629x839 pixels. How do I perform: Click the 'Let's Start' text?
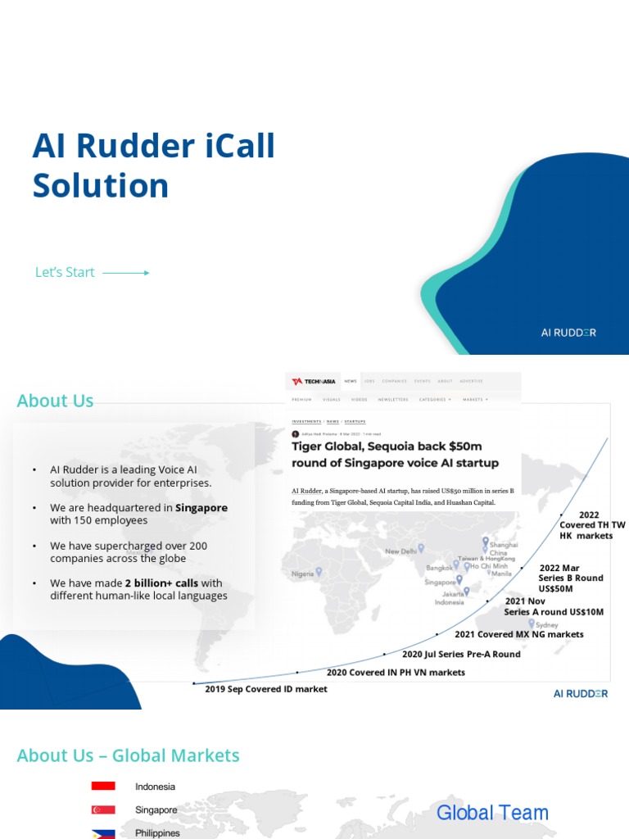[65, 273]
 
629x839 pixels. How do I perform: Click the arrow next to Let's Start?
[125, 273]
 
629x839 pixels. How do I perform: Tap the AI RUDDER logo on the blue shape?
[568, 333]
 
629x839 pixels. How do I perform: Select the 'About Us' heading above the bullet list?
[55, 401]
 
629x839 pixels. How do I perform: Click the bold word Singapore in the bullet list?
[201, 508]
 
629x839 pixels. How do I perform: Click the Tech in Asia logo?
[314, 381]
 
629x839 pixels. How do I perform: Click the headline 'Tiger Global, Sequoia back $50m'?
[387, 447]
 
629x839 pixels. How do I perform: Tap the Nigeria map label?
[303, 574]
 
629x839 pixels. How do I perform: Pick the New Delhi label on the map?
[401, 551]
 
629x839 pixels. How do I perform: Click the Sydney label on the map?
[546, 625]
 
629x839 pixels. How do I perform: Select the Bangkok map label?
[439, 568]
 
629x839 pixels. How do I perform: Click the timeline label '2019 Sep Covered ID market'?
[265, 689]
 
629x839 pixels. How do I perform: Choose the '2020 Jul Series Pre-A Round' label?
[461, 655]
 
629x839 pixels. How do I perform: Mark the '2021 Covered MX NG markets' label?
[519, 634]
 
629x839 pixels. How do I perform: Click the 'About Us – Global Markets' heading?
[129, 755]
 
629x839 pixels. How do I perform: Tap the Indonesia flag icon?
[103, 787]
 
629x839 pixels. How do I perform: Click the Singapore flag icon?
[103, 810]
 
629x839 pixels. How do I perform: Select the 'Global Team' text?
[492, 813]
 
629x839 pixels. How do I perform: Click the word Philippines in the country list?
[157, 832]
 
